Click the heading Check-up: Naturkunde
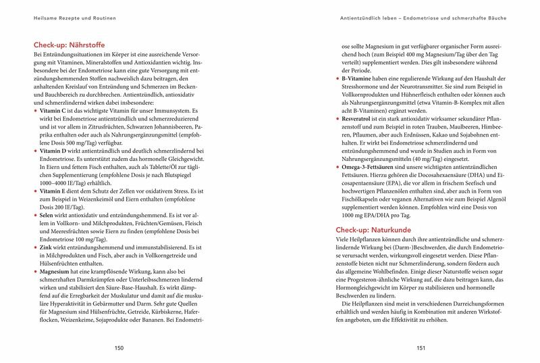point(369,231)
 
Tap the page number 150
point(119,348)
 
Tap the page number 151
point(420,348)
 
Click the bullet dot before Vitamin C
point(35,110)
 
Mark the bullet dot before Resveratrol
point(337,118)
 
